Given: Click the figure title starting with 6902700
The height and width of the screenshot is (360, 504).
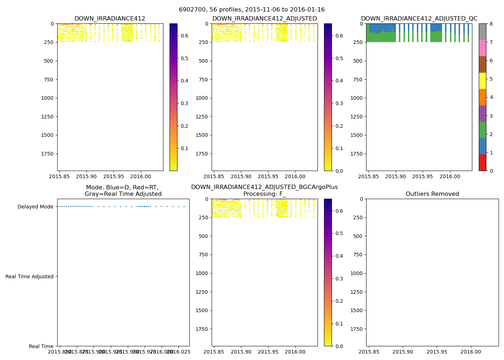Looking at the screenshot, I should click(252, 10).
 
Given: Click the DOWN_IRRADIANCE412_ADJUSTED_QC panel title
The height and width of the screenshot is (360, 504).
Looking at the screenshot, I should click(419, 19).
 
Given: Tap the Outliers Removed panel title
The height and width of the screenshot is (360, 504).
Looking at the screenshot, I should click(432, 194).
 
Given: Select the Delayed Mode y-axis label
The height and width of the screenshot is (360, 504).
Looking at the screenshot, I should click(35, 207).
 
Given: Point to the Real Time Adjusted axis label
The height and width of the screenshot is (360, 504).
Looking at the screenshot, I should click(30, 276).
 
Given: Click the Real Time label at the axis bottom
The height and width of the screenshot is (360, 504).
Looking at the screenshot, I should click(41, 346).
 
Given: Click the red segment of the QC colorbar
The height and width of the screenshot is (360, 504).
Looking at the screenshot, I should click(482, 162).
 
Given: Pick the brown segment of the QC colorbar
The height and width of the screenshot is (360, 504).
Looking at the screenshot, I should click(482, 64).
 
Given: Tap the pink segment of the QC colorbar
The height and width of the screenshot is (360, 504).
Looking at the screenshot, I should click(482, 48).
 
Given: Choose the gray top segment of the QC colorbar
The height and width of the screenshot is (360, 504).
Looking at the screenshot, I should click(482, 32).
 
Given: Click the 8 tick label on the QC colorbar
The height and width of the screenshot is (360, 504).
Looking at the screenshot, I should click(491, 24).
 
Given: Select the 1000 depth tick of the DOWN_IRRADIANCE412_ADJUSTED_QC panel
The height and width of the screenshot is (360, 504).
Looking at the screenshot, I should click(356, 98).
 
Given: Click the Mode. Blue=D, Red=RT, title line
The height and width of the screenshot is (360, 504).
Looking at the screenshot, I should click(122, 188).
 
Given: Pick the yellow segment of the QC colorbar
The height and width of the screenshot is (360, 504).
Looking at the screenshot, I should click(482, 81).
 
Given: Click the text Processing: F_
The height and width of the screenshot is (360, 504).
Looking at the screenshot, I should click(264, 194).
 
